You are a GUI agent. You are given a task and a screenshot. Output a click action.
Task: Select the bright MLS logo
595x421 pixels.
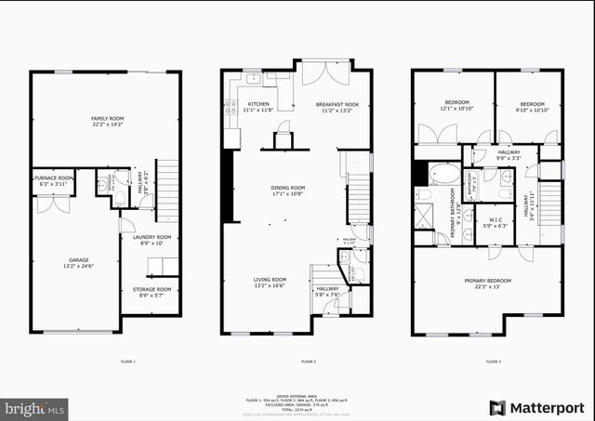point(35,407)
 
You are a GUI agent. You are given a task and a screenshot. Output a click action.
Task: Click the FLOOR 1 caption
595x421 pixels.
point(128,361)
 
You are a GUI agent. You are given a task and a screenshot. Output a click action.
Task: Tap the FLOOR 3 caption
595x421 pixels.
point(493,361)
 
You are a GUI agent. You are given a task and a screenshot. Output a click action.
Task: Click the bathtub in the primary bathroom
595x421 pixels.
point(444,174)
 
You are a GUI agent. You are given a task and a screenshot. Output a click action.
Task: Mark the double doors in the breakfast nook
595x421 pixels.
point(325,73)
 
